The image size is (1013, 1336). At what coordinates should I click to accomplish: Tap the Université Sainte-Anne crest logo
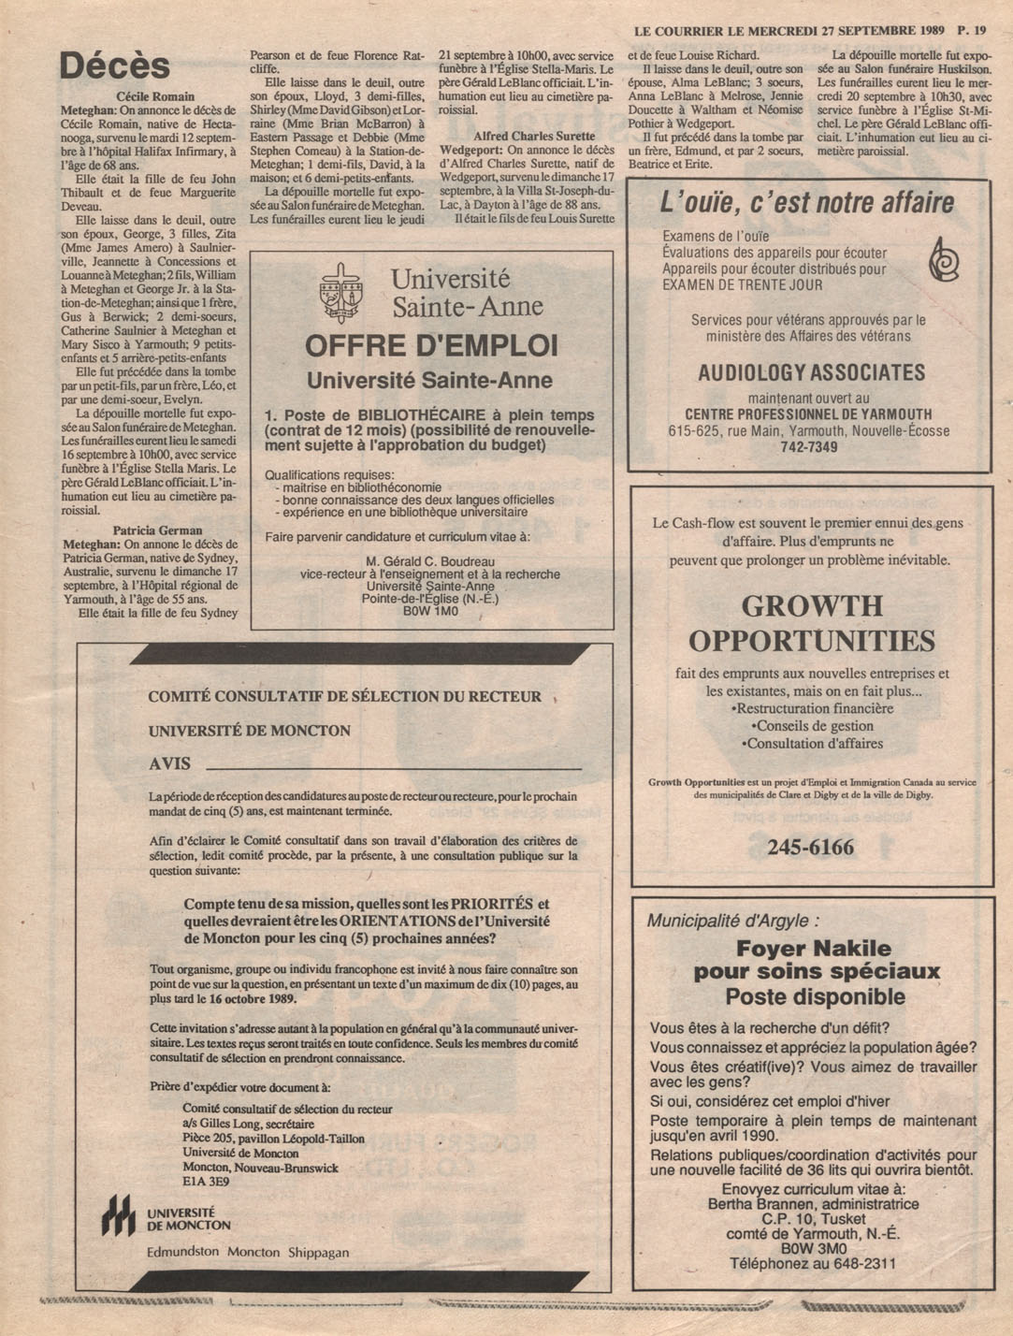click(340, 292)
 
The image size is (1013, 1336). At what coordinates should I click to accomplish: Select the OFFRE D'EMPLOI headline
click(431, 346)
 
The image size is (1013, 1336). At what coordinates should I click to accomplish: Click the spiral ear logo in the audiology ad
click(943, 259)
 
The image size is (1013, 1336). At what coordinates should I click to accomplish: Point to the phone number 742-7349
click(809, 447)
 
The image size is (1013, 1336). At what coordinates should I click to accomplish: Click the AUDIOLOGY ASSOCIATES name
click(811, 372)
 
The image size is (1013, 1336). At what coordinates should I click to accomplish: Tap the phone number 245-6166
click(810, 848)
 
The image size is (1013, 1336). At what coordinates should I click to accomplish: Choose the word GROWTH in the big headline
click(812, 605)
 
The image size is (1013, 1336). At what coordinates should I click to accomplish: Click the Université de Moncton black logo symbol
click(118, 1215)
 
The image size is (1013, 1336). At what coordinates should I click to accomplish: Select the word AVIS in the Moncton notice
click(169, 764)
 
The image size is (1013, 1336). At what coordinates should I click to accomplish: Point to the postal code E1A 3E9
click(207, 1182)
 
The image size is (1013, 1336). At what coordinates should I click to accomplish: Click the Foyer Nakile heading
click(813, 948)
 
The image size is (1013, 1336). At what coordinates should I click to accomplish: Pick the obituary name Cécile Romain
click(155, 96)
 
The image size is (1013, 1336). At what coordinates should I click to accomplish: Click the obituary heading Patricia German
click(157, 530)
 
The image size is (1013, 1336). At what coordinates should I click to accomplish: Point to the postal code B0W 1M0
click(430, 611)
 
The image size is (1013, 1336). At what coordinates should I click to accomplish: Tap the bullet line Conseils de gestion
click(812, 726)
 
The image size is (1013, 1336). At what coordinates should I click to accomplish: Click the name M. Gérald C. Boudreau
click(430, 562)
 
